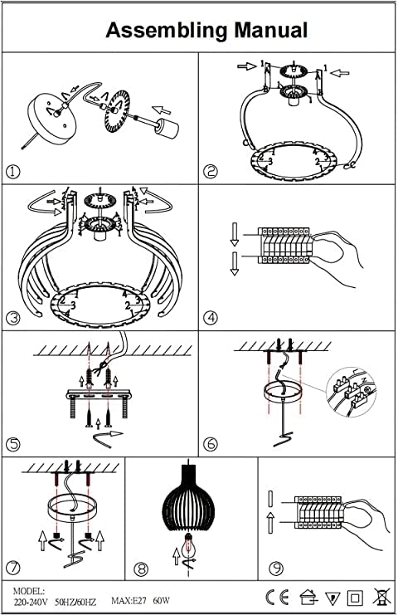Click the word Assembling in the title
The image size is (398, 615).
[167, 31]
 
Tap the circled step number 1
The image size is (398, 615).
[13, 172]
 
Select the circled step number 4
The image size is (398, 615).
[211, 317]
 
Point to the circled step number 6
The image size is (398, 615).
[211, 443]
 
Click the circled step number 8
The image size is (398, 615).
[142, 569]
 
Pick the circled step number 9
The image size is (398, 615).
[276, 568]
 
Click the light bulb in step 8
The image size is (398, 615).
[191, 545]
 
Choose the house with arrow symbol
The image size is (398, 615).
[308, 598]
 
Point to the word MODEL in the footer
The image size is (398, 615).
[28, 591]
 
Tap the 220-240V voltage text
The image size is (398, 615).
[30, 601]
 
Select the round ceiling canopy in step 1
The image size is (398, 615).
[50, 115]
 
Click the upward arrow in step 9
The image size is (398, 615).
[270, 523]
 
